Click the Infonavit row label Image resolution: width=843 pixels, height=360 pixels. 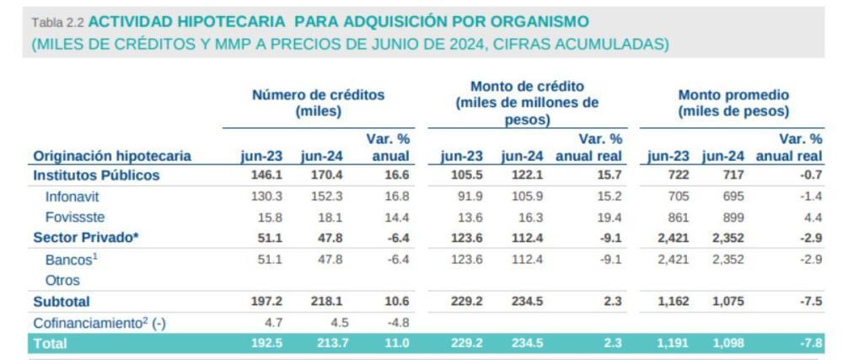tap(73, 196)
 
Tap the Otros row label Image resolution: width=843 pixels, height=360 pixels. tap(62, 280)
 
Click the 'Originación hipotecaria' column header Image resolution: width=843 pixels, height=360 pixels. tap(112, 156)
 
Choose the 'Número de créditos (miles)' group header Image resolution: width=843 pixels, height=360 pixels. tap(318, 103)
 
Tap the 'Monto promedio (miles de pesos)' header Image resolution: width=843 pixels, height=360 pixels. tap(733, 103)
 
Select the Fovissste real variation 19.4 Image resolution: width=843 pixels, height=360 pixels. tap(608, 217)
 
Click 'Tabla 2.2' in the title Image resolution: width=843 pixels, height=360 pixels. tap(58, 21)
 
